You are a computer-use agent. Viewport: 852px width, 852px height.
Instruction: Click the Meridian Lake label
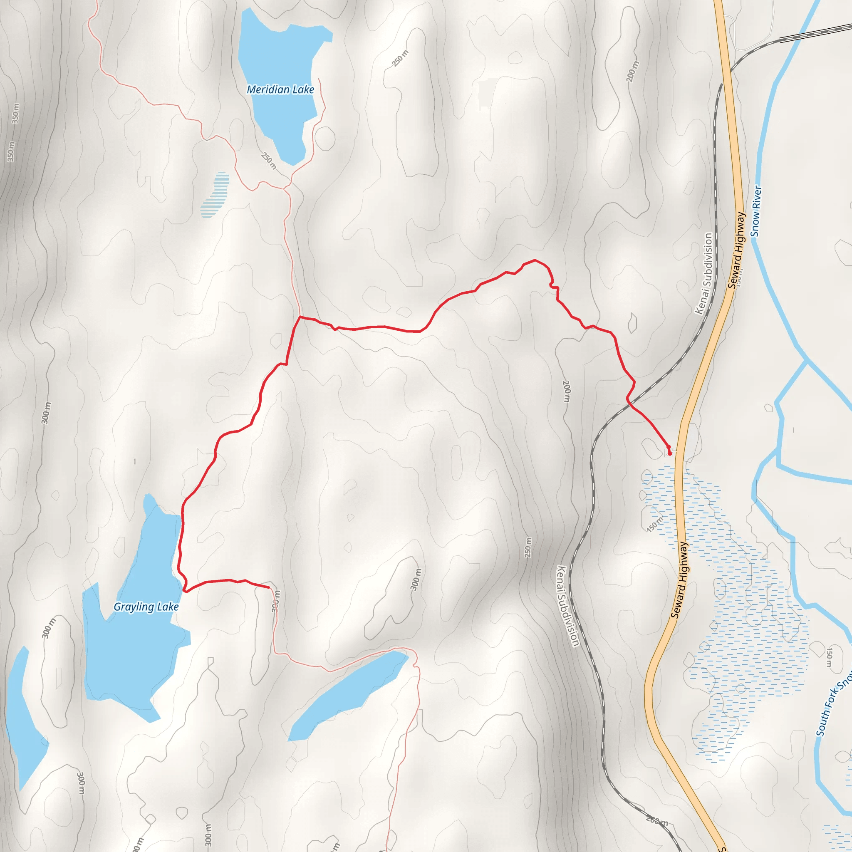coord(280,89)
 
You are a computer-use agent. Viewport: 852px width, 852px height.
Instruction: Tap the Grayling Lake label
coord(146,607)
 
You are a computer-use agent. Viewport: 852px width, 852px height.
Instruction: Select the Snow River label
coord(756,211)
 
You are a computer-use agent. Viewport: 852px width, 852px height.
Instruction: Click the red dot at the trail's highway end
coord(669,453)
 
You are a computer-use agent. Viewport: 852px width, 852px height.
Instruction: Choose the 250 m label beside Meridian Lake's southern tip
coord(269,161)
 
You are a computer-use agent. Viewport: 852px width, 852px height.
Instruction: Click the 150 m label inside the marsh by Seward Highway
coord(655,524)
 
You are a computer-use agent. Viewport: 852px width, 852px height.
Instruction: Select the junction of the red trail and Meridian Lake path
coord(300,317)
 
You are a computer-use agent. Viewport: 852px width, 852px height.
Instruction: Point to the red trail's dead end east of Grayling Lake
coord(269,587)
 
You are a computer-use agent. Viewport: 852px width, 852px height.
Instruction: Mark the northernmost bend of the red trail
coord(535,260)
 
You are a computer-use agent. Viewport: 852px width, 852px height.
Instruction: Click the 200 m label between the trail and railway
coord(567,391)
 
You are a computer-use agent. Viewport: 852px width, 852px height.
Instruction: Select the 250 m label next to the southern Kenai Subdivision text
coord(528,547)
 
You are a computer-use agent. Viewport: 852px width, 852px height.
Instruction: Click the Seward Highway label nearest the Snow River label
coord(736,250)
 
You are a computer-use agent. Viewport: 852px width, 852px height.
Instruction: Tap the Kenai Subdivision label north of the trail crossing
coord(704,273)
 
